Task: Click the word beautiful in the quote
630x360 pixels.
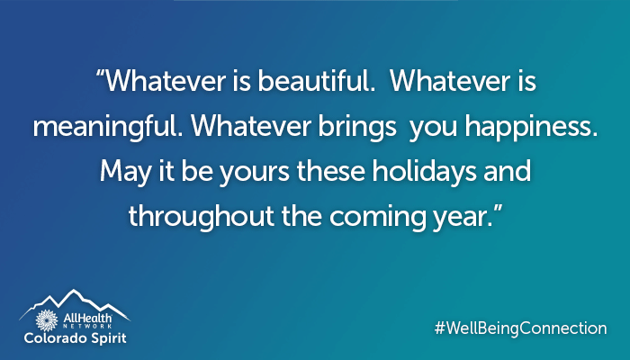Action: coord(317,81)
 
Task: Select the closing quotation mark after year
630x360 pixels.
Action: coord(498,209)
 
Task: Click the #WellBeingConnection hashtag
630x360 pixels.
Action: coord(521,328)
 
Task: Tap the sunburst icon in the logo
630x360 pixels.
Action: coord(47,320)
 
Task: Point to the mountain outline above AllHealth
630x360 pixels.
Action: coord(75,304)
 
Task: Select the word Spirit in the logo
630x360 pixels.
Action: coord(105,338)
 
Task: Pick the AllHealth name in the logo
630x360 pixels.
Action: coord(87,319)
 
